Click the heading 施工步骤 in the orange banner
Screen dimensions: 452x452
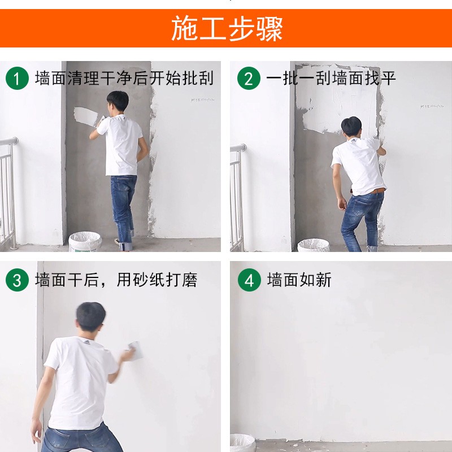227,28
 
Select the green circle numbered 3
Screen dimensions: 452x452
17,280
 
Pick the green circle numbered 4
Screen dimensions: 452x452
249,280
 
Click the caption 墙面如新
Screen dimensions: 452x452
299,280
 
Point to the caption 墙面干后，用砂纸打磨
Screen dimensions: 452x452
116,280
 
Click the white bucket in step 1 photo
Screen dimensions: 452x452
85,242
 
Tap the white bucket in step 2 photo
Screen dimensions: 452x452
313,246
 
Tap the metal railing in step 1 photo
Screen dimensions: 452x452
8,192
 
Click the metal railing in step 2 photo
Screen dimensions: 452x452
237,195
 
